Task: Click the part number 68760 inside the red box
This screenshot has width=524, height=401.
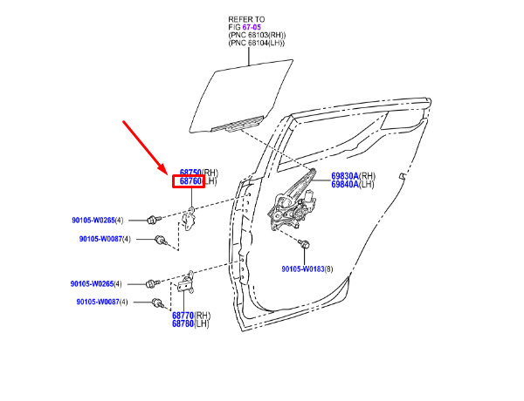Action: click(190, 181)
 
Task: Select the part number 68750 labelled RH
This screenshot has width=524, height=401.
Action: click(190, 173)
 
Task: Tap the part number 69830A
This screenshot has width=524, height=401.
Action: click(345, 176)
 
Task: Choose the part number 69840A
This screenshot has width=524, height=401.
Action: click(345, 184)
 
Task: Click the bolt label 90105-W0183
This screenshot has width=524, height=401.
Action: click(303, 268)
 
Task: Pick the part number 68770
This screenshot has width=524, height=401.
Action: click(183, 316)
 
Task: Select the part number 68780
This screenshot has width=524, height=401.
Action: click(183, 323)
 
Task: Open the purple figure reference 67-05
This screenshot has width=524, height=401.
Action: click(252, 27)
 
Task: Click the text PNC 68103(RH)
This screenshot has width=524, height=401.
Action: click(257, 35)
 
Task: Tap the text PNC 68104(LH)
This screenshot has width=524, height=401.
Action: click(256, 43)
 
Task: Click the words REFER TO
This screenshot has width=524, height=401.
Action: click(246, 19)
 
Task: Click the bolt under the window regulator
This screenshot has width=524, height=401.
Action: click(305, 244)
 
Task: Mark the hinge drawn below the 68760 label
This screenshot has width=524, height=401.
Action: click(190, 219)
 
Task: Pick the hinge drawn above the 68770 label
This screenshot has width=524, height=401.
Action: click(186, 282)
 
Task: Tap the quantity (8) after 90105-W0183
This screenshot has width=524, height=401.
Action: click(329, 268)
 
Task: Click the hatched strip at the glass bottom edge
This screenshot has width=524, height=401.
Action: click(238, 124)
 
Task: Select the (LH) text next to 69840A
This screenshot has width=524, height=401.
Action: click(366, 184)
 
